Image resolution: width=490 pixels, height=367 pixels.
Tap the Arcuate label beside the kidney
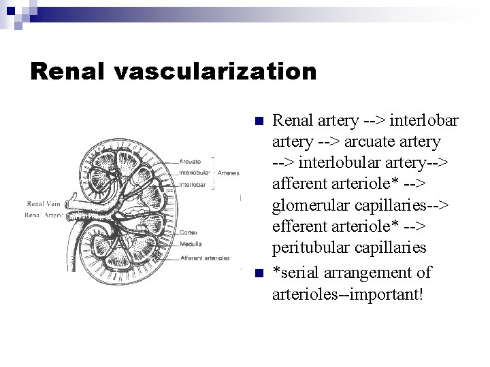(x=190, y=162)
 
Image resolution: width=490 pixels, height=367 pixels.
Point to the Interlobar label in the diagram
(x=193, y=184)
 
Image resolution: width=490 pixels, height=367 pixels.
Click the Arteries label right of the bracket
(x=228, y=173)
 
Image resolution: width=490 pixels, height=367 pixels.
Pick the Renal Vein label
(x=44, y=203)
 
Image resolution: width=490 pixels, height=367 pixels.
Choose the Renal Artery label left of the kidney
(x=44, y=215)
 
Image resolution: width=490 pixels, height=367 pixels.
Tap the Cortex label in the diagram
(x=189, y=232)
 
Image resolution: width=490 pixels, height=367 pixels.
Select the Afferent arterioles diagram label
(x=205, y=258)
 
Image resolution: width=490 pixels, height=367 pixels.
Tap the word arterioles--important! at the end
(x=347, y=295)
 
